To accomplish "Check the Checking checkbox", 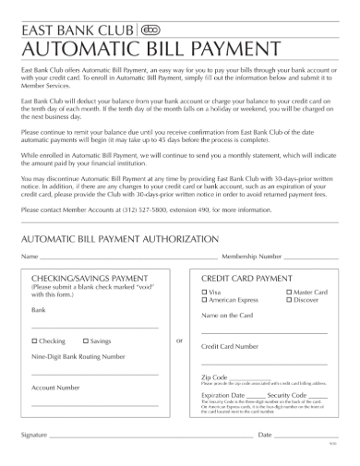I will click(34, 341).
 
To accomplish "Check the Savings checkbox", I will click(86, 341).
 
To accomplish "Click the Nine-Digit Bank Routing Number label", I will click(78, 355).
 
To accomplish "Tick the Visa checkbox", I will click(204, 292).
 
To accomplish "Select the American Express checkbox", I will click(204, 300).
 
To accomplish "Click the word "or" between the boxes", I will click(179, 341).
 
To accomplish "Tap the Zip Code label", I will click(215, 376).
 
